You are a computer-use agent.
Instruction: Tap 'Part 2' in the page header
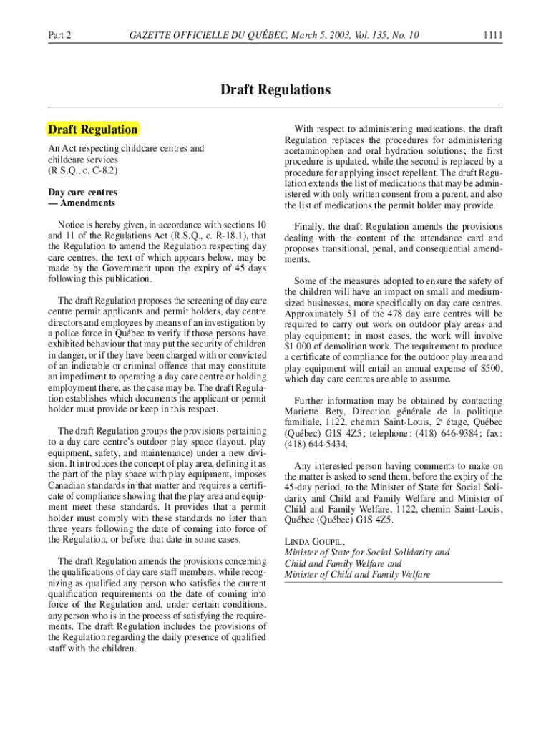point(59,34)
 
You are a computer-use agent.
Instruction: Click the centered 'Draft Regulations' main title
point(275,90)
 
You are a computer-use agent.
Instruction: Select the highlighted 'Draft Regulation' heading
point(92,130)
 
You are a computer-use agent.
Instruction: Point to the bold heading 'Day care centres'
point(83,193)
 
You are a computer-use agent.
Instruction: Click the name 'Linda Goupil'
point(310,541)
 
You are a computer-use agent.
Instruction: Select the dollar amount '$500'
point(490,368)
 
